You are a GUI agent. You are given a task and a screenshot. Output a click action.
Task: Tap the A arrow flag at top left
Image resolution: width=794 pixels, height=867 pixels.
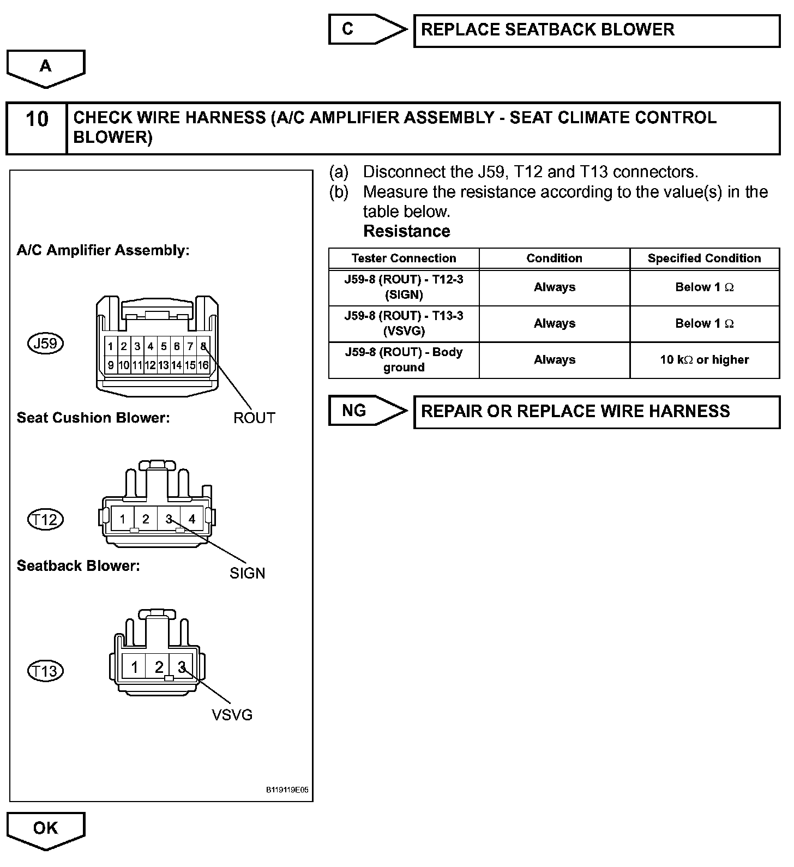point(45,67)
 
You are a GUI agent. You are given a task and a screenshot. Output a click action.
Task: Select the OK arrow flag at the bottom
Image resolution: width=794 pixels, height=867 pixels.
point(45,828)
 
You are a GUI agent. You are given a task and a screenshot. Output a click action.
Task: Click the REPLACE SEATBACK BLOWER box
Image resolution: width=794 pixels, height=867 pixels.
point(597,31)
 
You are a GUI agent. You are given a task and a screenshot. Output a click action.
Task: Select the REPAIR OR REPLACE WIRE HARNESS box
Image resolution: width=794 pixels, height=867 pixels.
point(597,412)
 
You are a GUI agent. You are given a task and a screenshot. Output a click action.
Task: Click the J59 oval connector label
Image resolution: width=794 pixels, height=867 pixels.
point(46,344)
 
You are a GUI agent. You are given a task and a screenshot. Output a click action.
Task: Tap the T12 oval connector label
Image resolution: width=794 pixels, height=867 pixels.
point(45,519)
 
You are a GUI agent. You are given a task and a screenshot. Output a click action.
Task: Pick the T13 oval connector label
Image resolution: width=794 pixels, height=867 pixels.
point(45,671)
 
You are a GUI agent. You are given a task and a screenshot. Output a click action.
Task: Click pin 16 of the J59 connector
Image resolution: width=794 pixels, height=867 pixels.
point(203,365)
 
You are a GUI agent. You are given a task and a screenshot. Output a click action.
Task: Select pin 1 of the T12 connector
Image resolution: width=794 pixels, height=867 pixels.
point(123,519)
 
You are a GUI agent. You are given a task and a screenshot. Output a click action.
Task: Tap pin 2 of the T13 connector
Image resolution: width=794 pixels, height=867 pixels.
point(159,667)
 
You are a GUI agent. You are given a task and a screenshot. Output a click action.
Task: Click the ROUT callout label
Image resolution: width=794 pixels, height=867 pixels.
point(254,418)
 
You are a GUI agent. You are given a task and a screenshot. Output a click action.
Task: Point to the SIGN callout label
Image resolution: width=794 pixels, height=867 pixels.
point(247,573)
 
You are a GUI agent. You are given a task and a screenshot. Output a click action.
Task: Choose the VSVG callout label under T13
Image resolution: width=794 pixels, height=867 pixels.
point(232,715)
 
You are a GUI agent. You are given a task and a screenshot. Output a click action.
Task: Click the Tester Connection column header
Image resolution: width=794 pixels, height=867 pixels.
point(404,258)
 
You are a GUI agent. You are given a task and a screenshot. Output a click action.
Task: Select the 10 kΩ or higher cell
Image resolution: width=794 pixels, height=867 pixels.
point(704,360)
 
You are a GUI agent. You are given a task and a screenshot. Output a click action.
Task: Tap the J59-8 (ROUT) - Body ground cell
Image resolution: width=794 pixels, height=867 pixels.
point(404,360)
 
